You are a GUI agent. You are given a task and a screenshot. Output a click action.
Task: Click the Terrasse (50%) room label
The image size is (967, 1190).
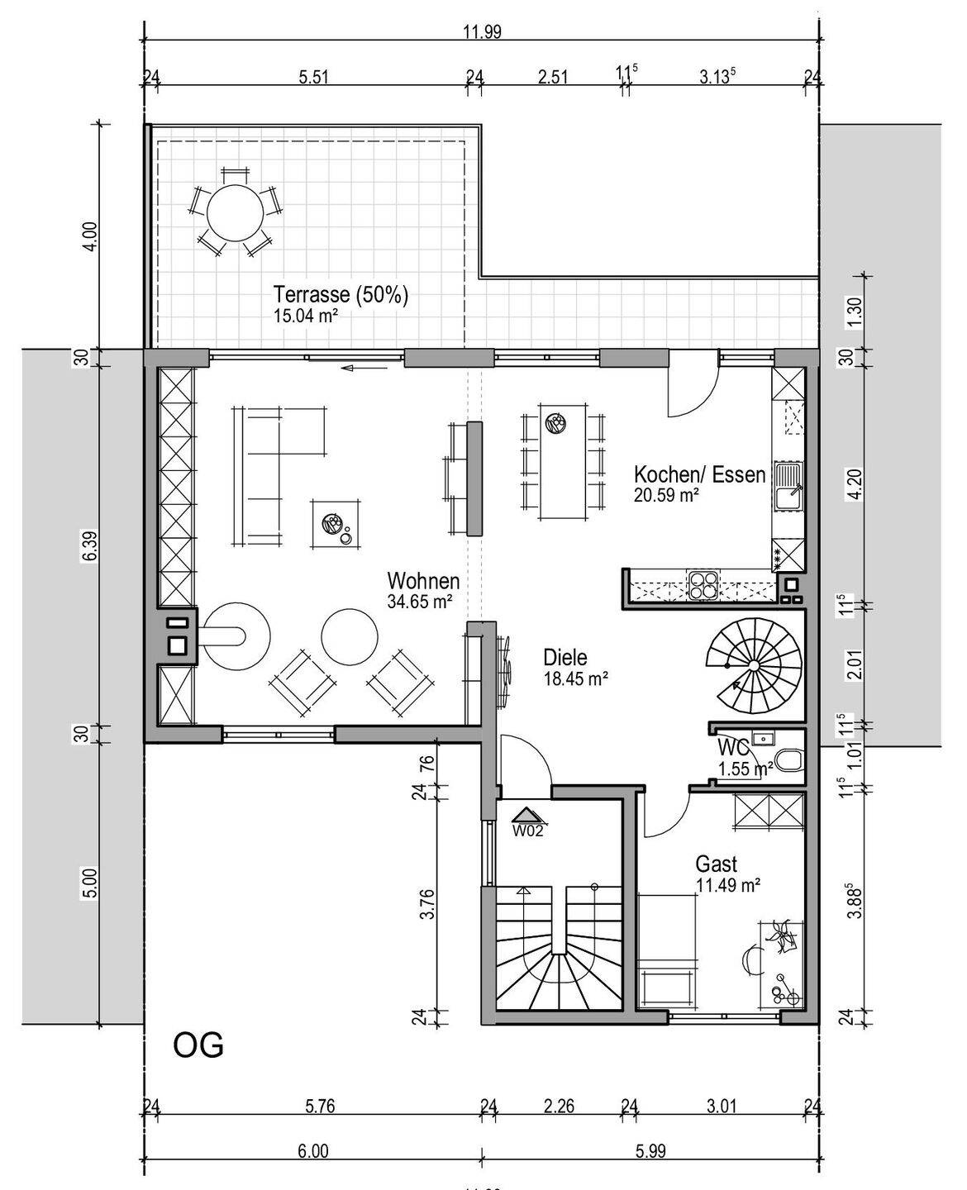click(341, 294)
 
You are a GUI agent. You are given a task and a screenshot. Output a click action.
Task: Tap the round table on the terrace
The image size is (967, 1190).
click(235, 213)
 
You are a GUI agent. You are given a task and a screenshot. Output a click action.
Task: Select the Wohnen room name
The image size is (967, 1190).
click(423, 581)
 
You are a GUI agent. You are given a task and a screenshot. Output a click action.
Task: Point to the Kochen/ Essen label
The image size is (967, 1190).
click(699, 475)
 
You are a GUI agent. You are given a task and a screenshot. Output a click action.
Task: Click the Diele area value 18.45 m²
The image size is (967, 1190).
click(575, 678)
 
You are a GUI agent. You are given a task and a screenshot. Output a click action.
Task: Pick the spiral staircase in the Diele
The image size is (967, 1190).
click(754, 665)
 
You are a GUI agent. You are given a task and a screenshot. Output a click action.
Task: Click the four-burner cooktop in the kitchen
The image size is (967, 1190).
click(704, 585)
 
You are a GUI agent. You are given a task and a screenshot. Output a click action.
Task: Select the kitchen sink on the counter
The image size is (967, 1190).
click(788, 486)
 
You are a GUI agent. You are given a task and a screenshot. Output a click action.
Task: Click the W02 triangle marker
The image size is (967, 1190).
click(527, 816)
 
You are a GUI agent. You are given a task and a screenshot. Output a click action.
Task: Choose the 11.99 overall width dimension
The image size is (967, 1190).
click(482, 32)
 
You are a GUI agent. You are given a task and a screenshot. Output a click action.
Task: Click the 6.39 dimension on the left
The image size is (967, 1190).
click(92, 545)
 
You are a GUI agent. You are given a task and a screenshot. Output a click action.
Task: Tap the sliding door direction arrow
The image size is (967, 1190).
click(364, 369)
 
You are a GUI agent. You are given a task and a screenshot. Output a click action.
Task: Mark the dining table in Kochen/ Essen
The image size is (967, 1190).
click(563, 461)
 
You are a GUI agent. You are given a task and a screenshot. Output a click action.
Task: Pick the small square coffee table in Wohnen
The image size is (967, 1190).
click(336, 523)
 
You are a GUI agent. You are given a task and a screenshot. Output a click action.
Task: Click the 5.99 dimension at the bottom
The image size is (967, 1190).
click(650, 1151)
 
